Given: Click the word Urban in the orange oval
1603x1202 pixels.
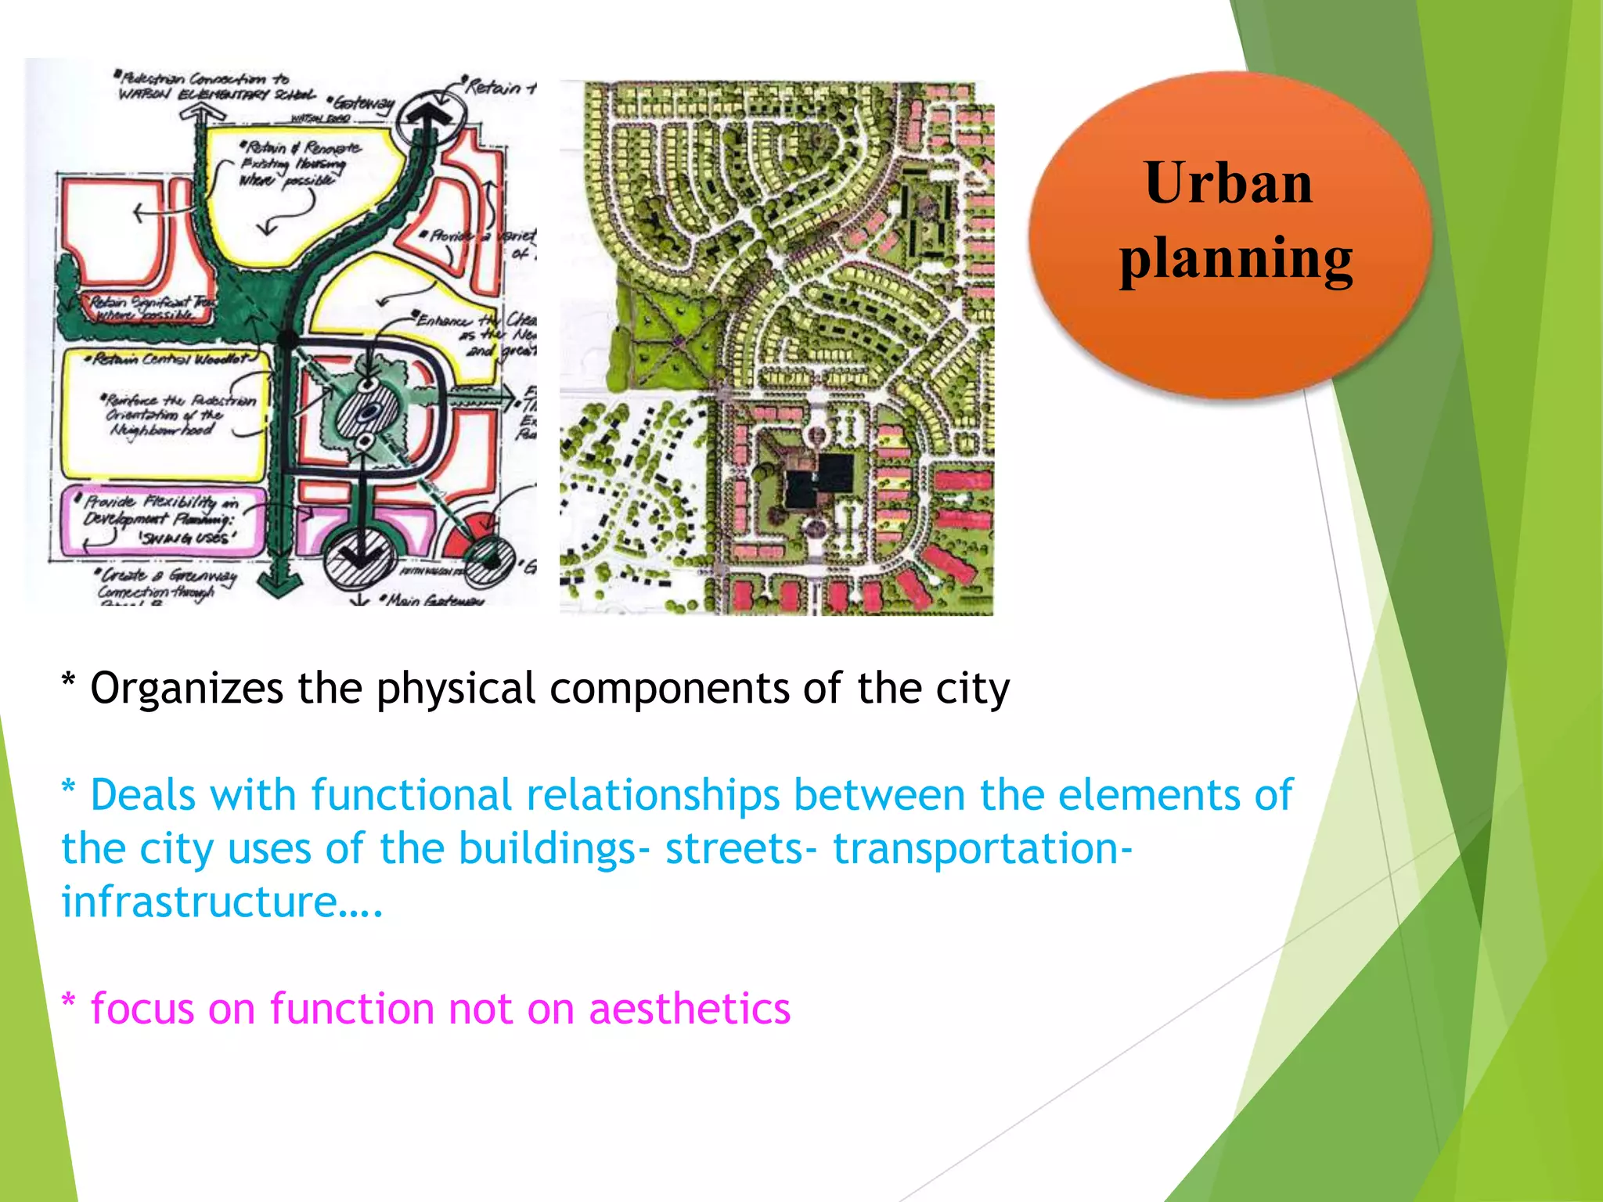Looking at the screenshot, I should click(1228, 183).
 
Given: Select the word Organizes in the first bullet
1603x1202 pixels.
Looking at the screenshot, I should click(186, 689).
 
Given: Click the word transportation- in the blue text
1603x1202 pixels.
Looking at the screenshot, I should click(982, 848).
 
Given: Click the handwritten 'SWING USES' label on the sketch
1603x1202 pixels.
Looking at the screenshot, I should click(187, 538).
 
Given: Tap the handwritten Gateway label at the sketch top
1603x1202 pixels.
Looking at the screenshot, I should click(364, 103).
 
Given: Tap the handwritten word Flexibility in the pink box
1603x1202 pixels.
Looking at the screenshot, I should click(179, 502).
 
